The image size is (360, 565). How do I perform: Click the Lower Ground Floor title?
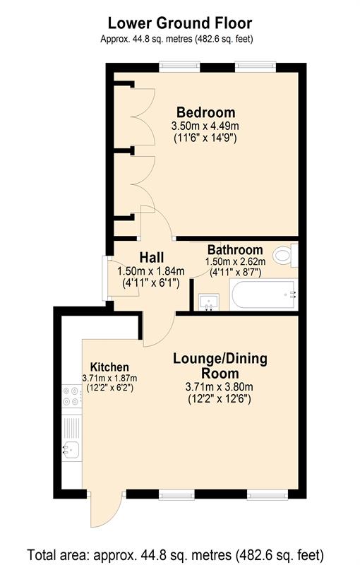pos(180,23)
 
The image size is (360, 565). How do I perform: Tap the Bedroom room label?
pos(206,112)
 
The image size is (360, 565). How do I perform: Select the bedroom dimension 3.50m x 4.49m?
pos(205,126)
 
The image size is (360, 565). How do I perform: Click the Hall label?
pos(152,257)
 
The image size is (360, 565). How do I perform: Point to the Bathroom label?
pos(235,250)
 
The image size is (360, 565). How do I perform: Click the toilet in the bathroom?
pos(285,255)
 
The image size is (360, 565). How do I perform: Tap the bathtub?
pos(263,295)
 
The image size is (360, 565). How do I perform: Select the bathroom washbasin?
pos(209,302)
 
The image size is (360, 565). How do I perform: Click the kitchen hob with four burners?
pos(71,396)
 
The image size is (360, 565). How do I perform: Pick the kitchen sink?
pos(71,449)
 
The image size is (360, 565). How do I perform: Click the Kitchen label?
pos(109,367)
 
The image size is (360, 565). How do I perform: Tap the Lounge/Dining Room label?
pos(220,366)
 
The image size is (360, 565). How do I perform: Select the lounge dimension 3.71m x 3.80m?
pos(220,387)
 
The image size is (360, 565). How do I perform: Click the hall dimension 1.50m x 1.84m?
pos(151,271)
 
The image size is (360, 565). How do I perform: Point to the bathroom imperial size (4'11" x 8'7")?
pos(236,272)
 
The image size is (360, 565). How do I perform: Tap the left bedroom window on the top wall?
pos(179,66)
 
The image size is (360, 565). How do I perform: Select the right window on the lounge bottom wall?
pos(268,495)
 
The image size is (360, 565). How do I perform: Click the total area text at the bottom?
pos(176,554)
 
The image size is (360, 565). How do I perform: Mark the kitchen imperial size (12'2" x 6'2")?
pos(110,388)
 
